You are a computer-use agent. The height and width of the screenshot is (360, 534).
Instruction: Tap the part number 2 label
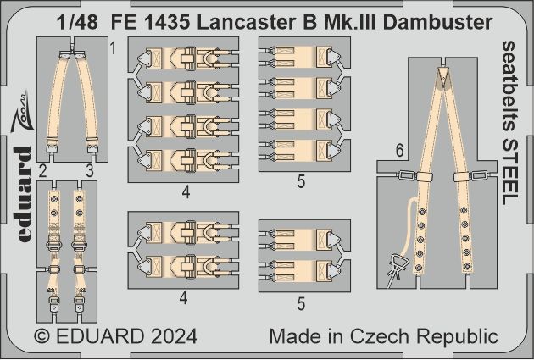click(41, 172)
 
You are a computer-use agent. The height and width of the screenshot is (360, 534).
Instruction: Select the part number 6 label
click(397, 149)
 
